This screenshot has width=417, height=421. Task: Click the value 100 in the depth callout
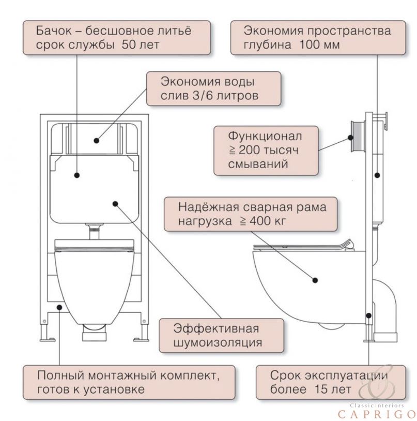[310, 45]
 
